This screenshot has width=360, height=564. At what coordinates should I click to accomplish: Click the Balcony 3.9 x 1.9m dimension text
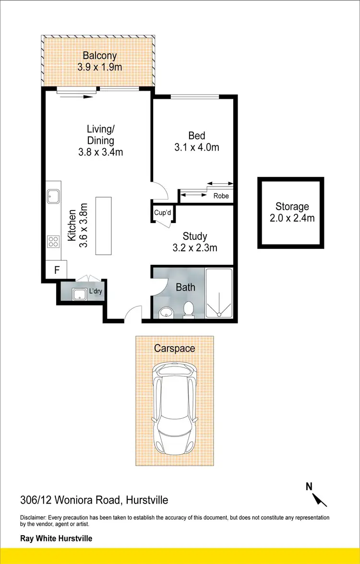point(99,67)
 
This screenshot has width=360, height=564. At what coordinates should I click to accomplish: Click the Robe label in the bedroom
point(221,196)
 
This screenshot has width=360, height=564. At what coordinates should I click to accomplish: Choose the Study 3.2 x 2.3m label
point(195,242)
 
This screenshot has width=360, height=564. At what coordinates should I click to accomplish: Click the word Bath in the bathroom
point(185,287)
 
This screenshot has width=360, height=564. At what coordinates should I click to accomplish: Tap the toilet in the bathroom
point(189,309)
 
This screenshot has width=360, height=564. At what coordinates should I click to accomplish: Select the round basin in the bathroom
point(166,312)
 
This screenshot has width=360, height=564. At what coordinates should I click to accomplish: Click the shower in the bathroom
point(219,293)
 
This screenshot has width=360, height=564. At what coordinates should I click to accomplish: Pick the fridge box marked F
point(57,270)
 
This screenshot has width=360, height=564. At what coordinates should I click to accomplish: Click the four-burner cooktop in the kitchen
point(53,242)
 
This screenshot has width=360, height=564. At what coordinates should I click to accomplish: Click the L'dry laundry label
point(94,292)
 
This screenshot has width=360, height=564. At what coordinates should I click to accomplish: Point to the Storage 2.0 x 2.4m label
point(292,212)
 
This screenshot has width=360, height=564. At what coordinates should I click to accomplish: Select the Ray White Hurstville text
point(56,539)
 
